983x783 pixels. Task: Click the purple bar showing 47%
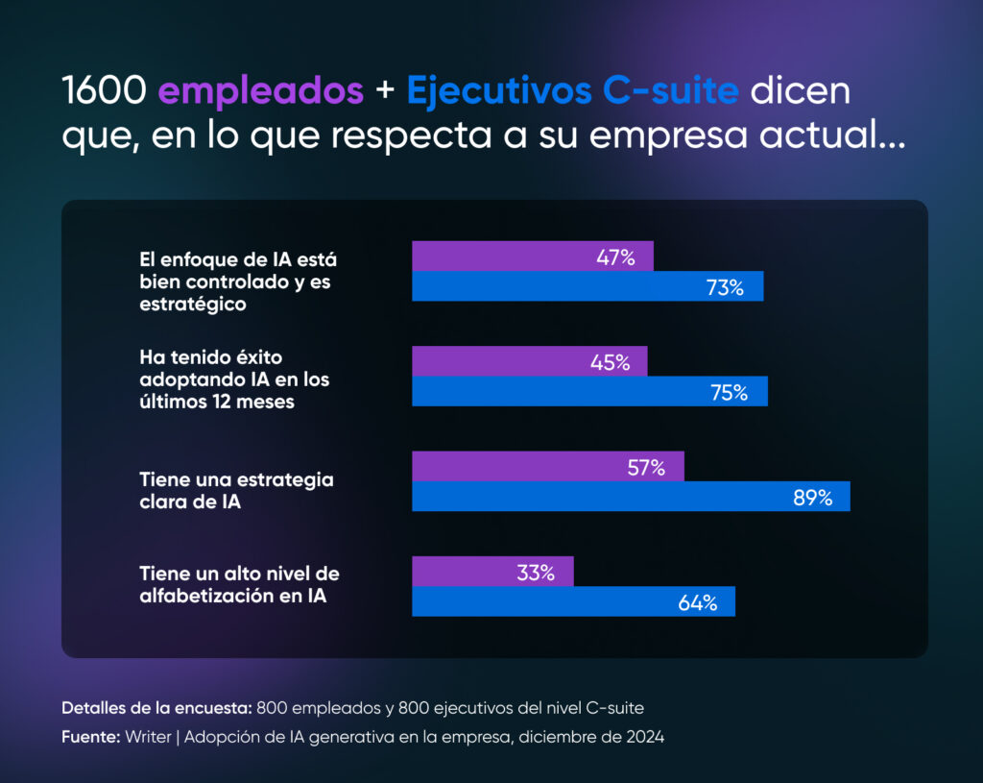coord(533,257)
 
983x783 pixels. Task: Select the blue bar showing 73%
coord(587,286)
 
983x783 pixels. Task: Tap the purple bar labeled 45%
coord(530,362)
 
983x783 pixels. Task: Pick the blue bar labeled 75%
coord(589,392)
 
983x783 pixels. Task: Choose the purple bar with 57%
coord(548,467)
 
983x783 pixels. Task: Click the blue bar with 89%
coord(631,497)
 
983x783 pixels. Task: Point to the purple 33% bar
coord(492,572)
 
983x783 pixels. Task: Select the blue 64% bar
coord(573,602)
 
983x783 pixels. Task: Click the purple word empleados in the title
coord(260,91)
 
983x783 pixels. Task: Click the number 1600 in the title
coord(105,91)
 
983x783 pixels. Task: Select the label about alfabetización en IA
coord(239,585)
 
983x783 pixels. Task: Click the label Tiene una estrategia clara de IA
coord(236,490)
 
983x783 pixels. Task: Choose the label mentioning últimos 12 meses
coord(234,379)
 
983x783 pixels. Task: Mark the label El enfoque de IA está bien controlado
coord(238,281)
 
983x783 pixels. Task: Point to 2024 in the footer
coord(642,737)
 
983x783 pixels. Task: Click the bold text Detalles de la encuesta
coord(156,708)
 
